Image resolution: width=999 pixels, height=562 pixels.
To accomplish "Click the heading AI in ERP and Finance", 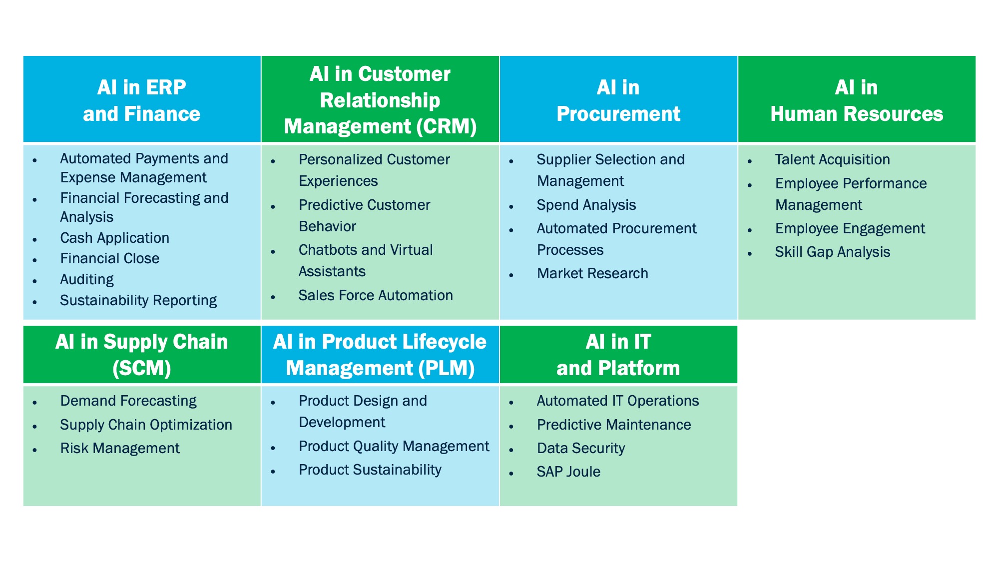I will click(142, 100).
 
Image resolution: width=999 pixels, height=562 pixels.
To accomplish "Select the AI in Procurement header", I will click(618, 100).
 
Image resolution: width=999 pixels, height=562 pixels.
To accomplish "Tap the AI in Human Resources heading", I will click(857, 100).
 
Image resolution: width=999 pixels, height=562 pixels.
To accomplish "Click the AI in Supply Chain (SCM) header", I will click(142, 355).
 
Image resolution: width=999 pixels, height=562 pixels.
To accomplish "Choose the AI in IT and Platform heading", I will click(618, 355).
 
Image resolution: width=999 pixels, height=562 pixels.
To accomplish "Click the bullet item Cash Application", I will click(114, 238).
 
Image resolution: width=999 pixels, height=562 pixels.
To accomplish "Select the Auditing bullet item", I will click(87, 279).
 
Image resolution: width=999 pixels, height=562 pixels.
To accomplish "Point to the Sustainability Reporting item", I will click(138, 300).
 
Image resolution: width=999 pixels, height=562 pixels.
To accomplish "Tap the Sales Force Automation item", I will click(376, 295).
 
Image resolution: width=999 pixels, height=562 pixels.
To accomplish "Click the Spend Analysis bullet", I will click(586, 205).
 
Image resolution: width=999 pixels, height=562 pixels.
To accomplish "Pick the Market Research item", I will click(592, 273).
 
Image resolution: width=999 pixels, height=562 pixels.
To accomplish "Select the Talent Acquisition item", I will click(832, 159).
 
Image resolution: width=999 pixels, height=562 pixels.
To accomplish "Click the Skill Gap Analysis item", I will click(832, 252).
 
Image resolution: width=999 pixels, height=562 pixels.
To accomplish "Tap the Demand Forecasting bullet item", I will click(128, 401).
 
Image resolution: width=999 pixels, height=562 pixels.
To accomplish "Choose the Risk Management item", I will click(120, 448).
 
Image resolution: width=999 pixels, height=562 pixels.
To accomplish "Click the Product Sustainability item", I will click(370, 470).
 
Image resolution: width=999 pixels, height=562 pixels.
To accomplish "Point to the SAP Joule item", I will click(568, 472).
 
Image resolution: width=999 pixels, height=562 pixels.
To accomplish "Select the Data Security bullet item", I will click(581, 448).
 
